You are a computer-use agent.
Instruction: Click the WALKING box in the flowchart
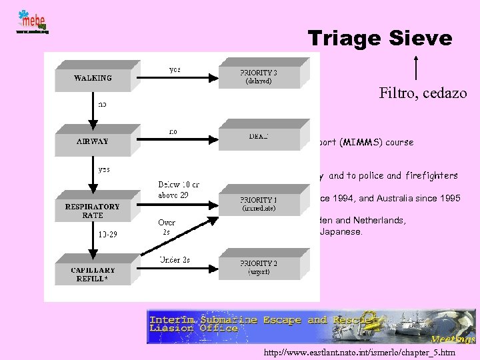point(93,78)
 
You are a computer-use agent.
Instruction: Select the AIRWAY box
point(93,141)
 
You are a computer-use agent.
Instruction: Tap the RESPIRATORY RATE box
point(93,211)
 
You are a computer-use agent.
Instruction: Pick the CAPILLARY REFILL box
point(93,274)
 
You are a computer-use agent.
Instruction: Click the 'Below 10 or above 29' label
point(179,189)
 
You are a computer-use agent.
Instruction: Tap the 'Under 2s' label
point(174,259)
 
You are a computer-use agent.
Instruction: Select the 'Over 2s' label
point(167,227)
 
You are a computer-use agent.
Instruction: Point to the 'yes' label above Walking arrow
point(174,69)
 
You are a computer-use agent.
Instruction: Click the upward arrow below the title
point(417,67)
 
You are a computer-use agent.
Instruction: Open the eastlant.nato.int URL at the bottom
point(360,352)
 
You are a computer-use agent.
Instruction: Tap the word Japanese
point(343,233)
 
